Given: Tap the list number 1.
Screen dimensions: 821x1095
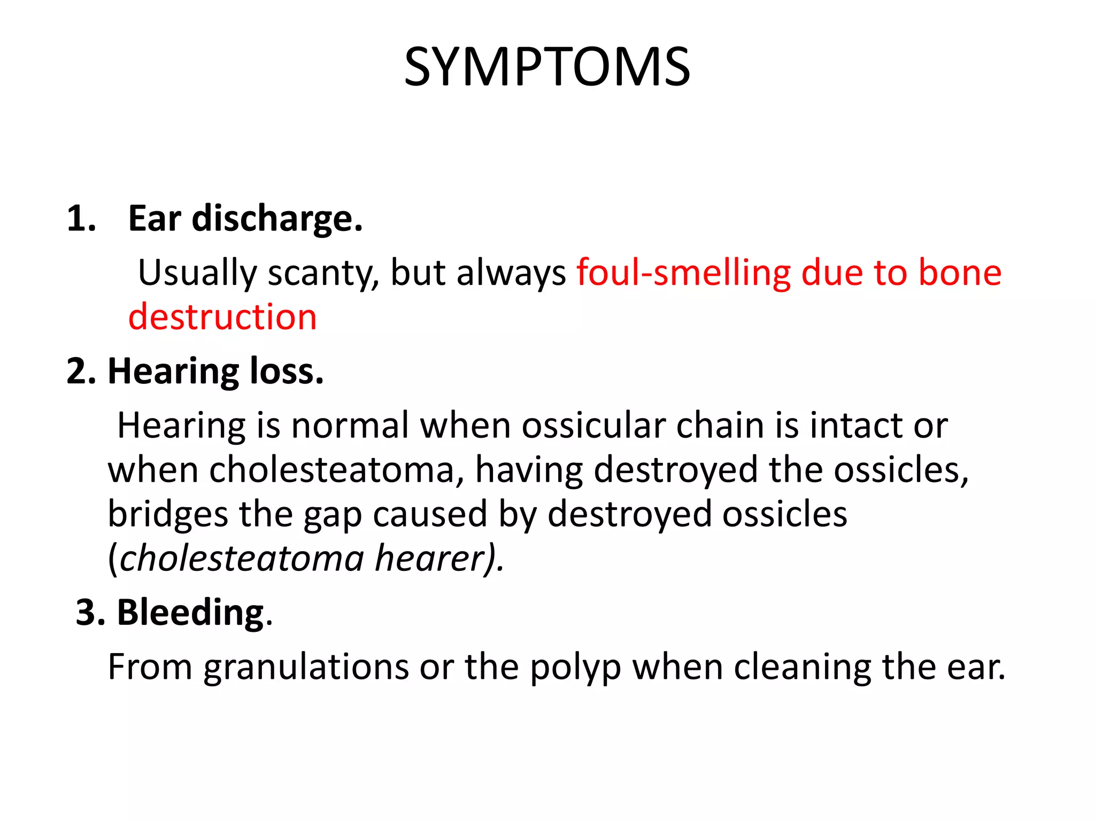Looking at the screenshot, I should tap(81, 219).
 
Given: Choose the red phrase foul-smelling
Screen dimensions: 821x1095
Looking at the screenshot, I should tap(683, 273).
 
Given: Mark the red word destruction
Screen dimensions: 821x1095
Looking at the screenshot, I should tap(222, 317).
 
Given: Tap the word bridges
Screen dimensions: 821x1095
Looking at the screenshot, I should tap(168, 514).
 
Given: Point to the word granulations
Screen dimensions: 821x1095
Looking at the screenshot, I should tap(306, 668).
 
